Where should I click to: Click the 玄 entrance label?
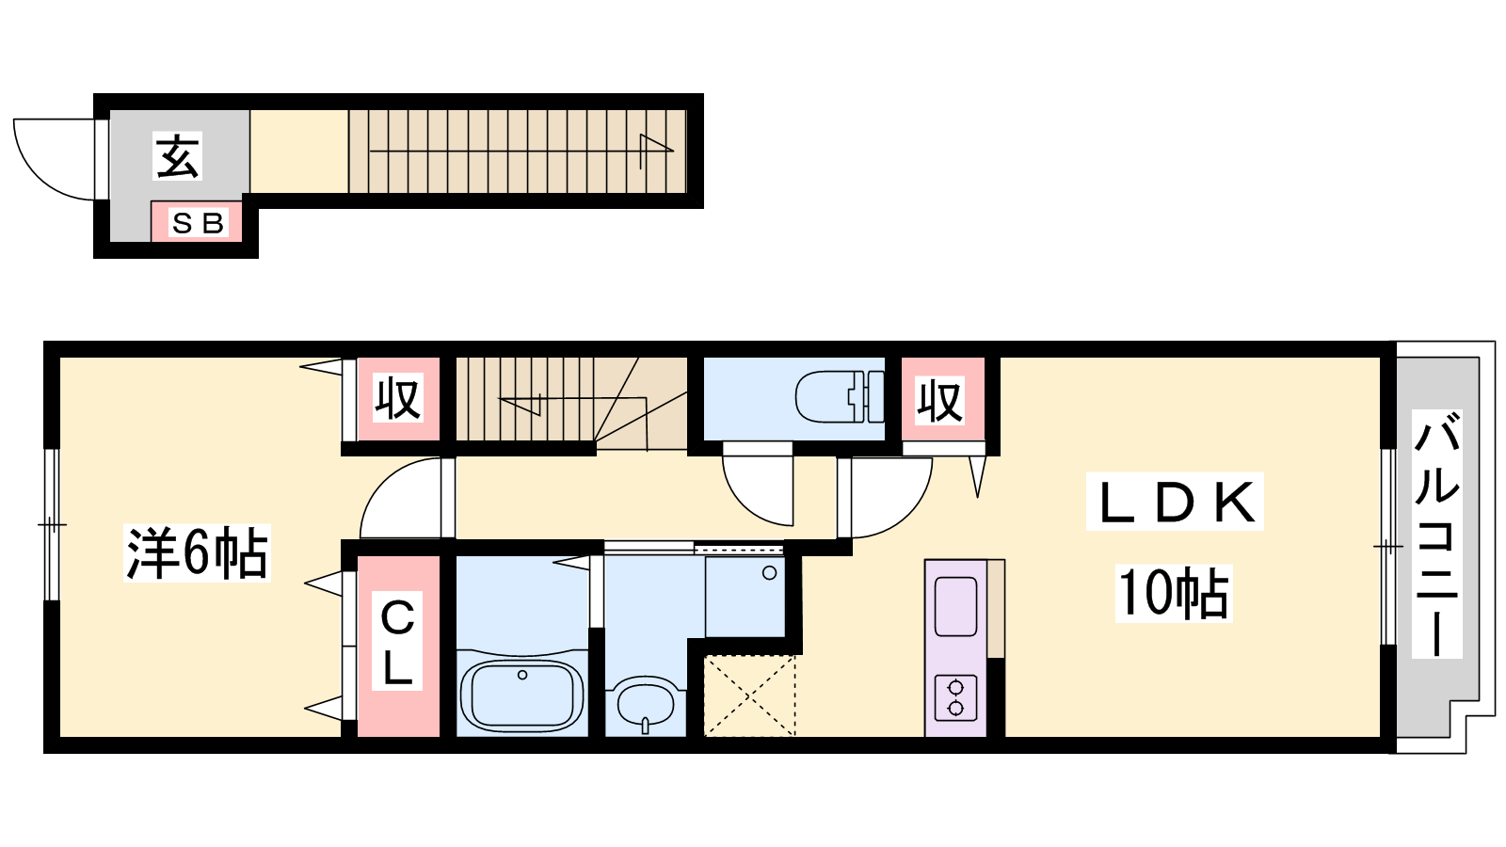coord(178,156)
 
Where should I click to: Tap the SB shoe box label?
coord(198,223)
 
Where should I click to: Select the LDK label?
coord(1176,503)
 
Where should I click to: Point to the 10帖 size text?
coord(1174,593)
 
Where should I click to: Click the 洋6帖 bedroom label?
coord(197,552)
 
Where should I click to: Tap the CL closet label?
coord(397,641)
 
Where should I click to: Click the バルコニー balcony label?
coord(1436,534)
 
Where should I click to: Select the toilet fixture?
coord(840,396)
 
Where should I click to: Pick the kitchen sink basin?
coord(955,606)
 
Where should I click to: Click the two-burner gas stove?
coord(955,697)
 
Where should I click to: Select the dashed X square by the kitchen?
coord(749,695)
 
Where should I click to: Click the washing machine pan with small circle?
coord(745,597)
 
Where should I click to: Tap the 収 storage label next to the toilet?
coord(940,401)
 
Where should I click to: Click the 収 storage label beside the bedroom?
coord(398,398)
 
